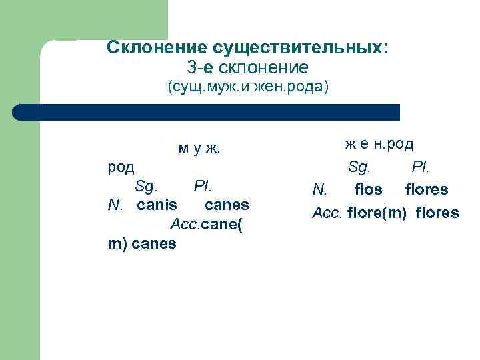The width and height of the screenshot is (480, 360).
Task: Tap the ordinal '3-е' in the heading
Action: point(201,67)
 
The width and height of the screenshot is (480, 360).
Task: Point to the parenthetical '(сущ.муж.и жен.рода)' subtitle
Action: point(247,87)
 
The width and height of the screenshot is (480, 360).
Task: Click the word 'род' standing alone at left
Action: point(121,166)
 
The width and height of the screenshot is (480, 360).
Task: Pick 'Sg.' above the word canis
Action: point(146,185)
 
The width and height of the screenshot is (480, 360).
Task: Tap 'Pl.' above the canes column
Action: point(203,185)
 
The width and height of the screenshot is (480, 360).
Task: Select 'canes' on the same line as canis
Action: point(227,205)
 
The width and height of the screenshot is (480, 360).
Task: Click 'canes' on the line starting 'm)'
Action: point(155,243)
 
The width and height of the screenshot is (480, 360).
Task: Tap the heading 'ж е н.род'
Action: point(379,143)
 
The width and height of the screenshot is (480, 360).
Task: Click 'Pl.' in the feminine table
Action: point(419,166)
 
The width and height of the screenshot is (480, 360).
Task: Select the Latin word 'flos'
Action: point(369,189)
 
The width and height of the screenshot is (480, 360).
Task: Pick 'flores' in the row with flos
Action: point(427,189)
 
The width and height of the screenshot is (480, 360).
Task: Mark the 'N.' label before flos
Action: point(319,190)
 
